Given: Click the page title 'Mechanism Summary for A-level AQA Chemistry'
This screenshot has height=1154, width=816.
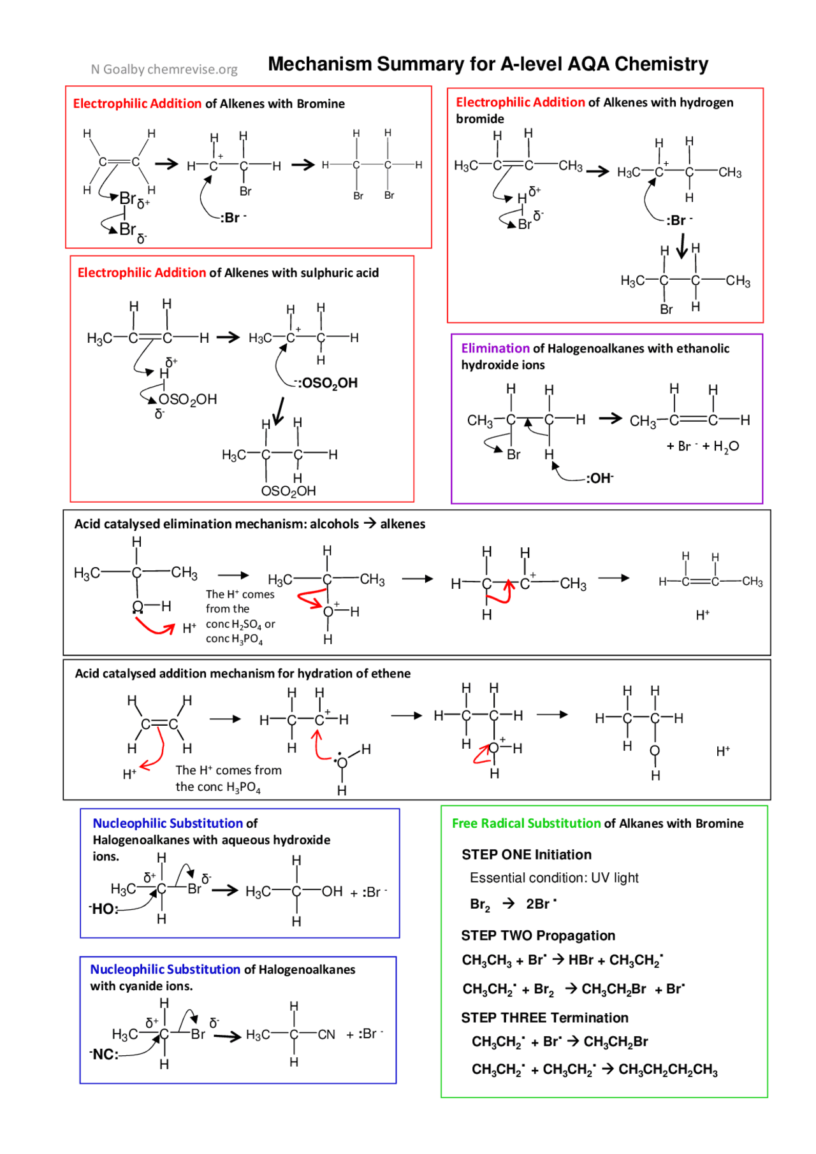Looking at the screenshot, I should (x=488, y=64).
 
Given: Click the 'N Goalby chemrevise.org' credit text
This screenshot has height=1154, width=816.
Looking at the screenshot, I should (x=164, y=69).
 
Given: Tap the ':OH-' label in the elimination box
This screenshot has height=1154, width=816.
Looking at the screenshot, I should (x=599, y=478).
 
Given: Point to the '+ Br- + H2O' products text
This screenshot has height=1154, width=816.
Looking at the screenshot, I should (x=703, y=446).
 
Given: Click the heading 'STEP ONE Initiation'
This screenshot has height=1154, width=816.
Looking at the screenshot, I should (x=526, y=855).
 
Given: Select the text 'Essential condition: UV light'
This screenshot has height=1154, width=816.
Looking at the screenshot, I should (x=554, y=877).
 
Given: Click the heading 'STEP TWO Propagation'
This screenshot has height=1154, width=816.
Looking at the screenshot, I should (x=538, y=935).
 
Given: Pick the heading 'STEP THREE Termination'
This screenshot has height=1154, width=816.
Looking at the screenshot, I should (x=544, y=1018).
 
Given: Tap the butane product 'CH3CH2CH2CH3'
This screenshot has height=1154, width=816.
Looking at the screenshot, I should (x=667, y=1069).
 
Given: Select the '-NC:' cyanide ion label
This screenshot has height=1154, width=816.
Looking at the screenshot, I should (x=105, y=1055).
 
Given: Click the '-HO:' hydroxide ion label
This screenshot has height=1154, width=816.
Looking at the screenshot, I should (x=104, y=909).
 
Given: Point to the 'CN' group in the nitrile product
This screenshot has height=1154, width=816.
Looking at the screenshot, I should (x=326, y=1034).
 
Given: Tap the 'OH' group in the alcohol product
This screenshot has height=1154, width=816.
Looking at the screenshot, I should (x=332, y=891).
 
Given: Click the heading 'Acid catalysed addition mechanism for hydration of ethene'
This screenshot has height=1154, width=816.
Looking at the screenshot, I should (x=242, y=674).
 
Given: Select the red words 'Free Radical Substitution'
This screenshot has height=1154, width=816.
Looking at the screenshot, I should (x=526, y=823).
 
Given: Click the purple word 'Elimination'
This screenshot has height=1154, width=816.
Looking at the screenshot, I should (x=495, y=349).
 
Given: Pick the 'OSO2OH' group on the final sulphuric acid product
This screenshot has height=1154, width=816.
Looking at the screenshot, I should (x=288, y=491).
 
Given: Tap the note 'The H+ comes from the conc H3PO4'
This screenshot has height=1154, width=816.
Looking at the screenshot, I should (x=228, y=778).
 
